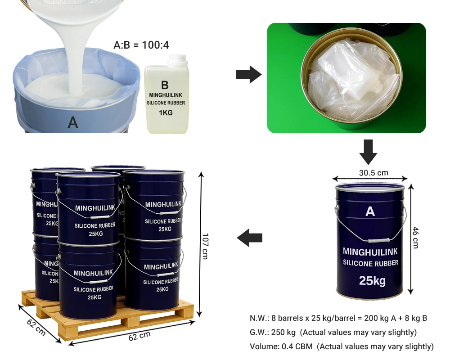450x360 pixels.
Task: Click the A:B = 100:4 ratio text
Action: [x=141, y=45]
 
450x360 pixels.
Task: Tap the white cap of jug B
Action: [x=178, y=59]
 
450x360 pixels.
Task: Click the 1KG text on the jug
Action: [x=166, y=113]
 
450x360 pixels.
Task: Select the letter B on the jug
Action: [x=165, y=85]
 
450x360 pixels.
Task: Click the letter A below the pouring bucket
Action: [x=73, y=122]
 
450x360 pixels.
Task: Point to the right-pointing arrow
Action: [x=249, y=75]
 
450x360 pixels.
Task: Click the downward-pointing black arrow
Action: [x=368, y=152]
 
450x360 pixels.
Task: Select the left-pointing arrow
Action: [x=250, y=238]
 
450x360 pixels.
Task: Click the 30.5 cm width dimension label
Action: [x=373, y=173]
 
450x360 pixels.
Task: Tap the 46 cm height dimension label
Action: [x=415, y=238]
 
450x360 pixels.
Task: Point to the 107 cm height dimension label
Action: [x=205, y=246]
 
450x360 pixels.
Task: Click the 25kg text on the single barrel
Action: [x=372, y=281]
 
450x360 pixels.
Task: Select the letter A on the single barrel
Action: [x=370, y=211]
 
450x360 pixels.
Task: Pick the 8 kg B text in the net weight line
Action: [x=416, y=318]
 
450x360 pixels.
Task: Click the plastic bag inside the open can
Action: [x=354, y=80]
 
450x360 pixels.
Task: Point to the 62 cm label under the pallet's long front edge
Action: [x=139, y=336]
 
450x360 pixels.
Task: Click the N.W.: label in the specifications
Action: [x=260, y=318]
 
